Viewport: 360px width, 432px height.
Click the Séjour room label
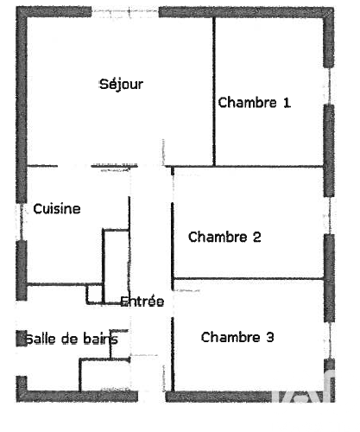tap(121, 85)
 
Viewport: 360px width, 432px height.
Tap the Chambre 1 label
tap(255, 103)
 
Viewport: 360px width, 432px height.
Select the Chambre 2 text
tap(224, 237)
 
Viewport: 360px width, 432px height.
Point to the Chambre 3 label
tap(237, 337)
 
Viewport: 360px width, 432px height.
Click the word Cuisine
tap(57, 209)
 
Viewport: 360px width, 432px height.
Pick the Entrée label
tap(142, 302)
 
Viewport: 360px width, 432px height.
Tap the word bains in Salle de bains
tap(100, 339)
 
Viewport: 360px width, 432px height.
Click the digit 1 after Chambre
tap(287, 103)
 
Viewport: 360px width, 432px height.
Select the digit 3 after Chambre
tap(270, 337)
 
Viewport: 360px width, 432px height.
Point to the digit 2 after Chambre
tap(257, 237)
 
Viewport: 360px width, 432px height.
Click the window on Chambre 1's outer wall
tap(329, 86)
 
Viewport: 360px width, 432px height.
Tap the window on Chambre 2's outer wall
tap(330, 215)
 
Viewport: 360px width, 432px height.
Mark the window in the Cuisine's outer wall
tap(21, 222)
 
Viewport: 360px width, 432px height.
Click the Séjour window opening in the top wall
tap(125, 12)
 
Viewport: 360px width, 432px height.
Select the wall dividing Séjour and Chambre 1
tap(214, 92)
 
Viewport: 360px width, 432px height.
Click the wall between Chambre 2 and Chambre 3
tap(249, 279)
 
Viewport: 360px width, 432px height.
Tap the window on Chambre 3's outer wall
tap(330, 340)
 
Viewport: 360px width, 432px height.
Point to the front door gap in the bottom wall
tap(152, 397)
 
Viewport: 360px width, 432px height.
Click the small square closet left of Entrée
tap(94, 294)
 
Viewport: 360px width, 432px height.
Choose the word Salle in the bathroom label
tap(41, 339)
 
